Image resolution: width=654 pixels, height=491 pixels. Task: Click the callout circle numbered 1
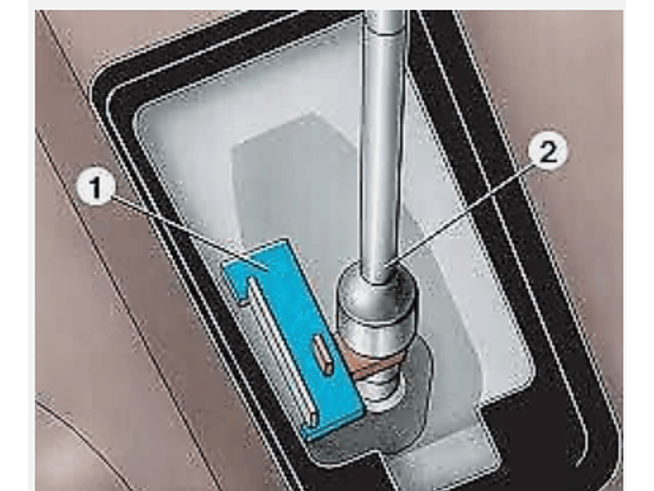tap(96, 189)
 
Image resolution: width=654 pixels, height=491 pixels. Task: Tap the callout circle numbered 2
tap(548, 152)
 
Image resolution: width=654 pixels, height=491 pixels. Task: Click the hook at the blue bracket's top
tap(237, 284)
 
